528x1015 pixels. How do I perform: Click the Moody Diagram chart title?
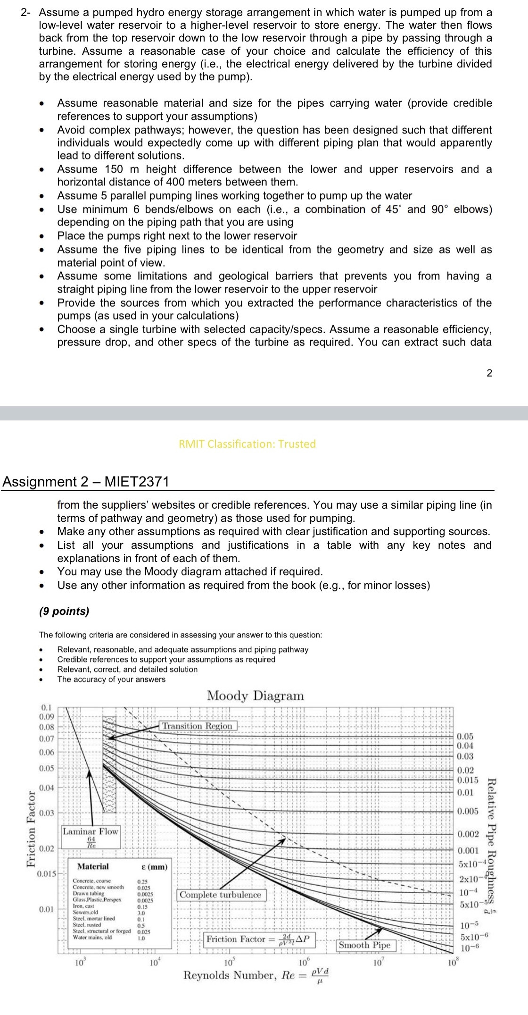pyautogui.click(x=256, y=696)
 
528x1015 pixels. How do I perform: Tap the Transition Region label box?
pyautogui.click(x=198, y=726)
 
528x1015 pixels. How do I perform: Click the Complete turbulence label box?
pyautogui.click(x=220, y=895)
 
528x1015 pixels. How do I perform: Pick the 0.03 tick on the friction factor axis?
pyautogui.click(x=47, y=813)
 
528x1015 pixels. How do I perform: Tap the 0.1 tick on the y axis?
pyautogui.click(x=47, y=707)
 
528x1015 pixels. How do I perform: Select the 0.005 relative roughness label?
pyautogui.click(x=468, y=811)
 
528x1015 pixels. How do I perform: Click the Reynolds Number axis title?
pyautogui.click(x=256, y=975)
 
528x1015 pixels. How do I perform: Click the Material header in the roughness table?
pyautogui.click(x=92, y=866)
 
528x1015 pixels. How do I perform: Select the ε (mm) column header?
pyautogui.click(x=154, y=867)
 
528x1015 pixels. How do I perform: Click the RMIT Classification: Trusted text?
pyautogui.click(x=247, y=444)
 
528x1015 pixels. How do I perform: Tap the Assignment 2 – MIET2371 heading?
pyautogui.click(x=85, y=482)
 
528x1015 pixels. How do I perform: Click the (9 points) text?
pyautogui.click(x=64, y=612)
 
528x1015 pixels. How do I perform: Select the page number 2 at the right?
pyautogui.click(x=489, y=373)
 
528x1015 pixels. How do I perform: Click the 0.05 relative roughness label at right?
pyautogui.click(x=465, y=736)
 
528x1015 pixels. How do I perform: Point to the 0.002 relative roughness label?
pyautogui.click(x=468, y=834)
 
